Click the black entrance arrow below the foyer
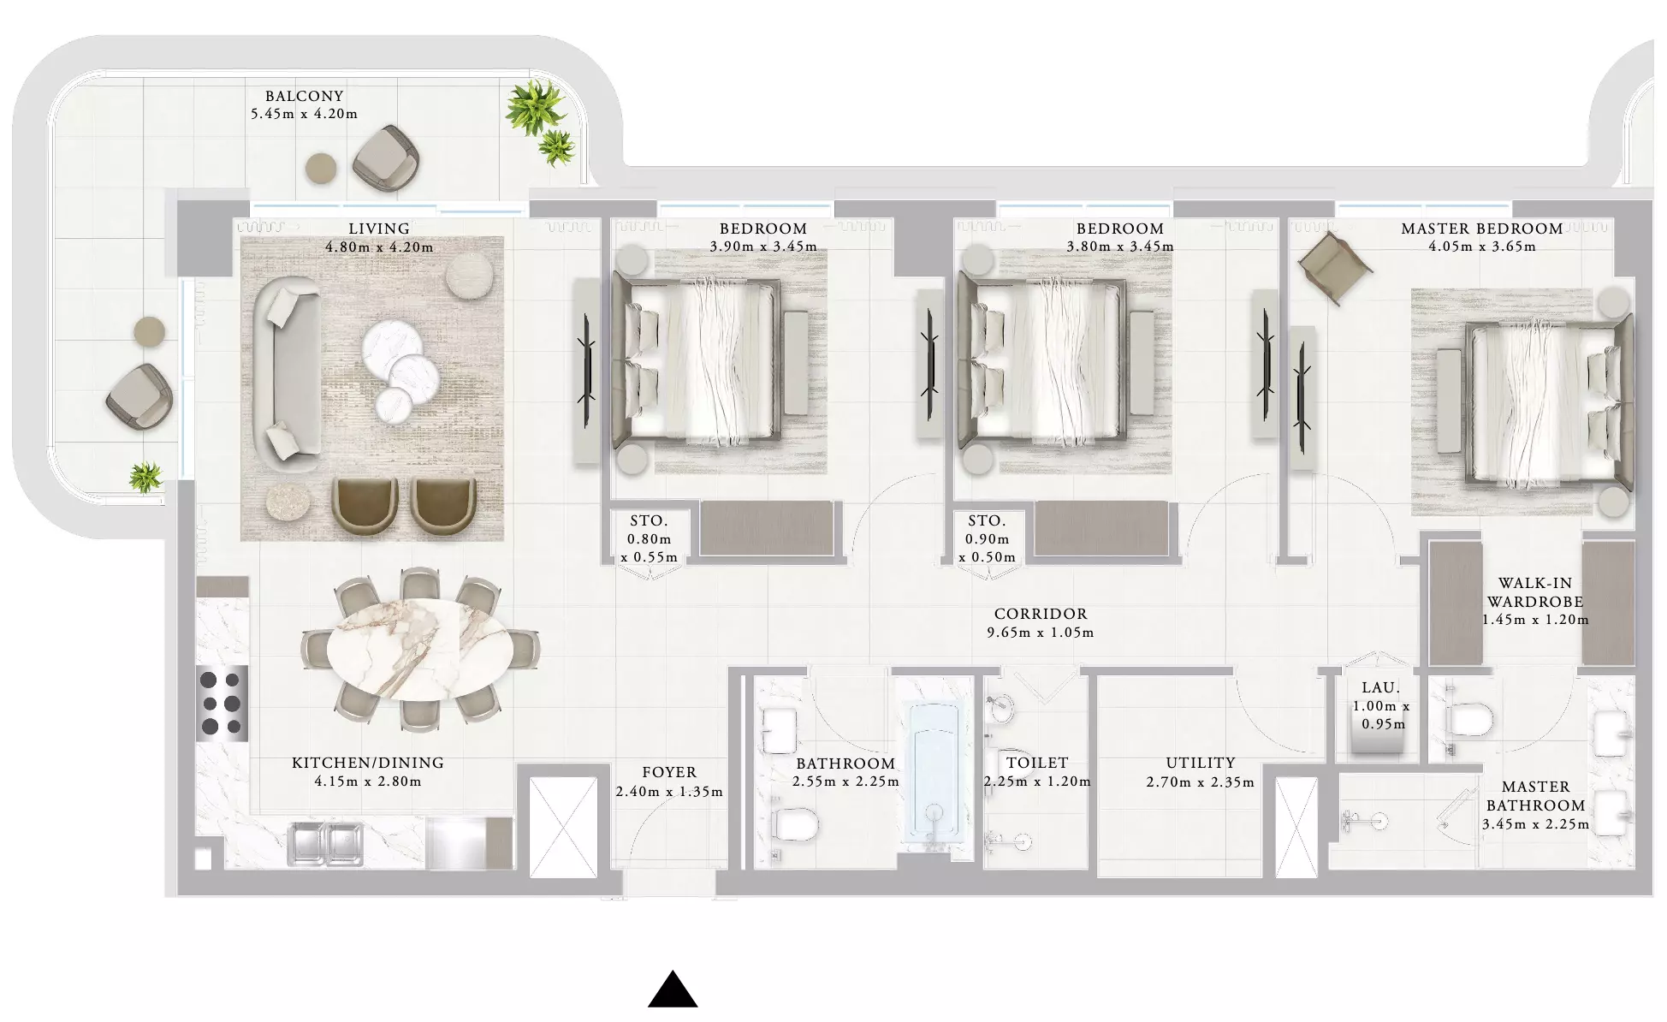[x=673, y=989]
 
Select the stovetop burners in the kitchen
[x=222, y=704]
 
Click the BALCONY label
[x=304, y=96]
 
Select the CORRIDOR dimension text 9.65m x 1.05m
[x=1040, y=633]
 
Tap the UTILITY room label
[x=1200, y=763]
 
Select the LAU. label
[x=1380, y=687]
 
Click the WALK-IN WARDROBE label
[x=1535, y=592]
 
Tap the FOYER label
[x=669, y=772]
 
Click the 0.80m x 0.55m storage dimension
[x=650, y=548]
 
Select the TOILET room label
[x=1037, y=763]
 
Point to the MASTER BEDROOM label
[x=1482, y=229]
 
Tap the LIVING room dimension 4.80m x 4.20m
[x=379, y=247]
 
